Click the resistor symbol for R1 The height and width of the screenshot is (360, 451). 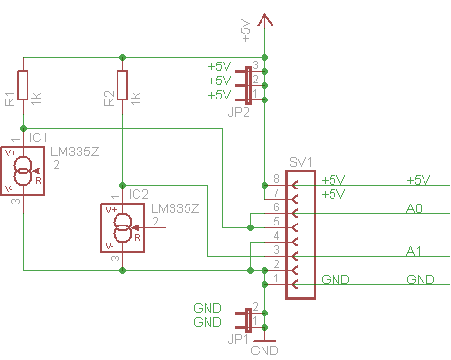tap(23, 85)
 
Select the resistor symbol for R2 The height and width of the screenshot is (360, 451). tap(122, 85)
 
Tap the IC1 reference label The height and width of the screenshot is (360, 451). tap(39, 137)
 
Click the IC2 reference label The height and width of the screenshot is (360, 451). tap(138, 194)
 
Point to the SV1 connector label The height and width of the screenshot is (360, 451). tap(300, 162)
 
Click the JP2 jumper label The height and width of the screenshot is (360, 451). tap(239, 112)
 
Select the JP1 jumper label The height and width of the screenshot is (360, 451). tap(238, 339)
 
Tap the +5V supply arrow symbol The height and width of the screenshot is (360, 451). tap(264, 20)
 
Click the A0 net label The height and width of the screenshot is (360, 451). tap(414, 208)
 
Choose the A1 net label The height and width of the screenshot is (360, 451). tap(414, 251)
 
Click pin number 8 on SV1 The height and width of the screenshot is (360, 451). tap(276, 179)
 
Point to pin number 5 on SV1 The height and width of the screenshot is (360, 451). tap(276, 222)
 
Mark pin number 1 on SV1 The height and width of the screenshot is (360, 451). tap(276, 279)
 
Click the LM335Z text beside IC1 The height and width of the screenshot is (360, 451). tap(75, 153)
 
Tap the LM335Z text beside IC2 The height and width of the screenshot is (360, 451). tap(175, 208)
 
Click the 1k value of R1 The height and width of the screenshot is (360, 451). tap(37, 99)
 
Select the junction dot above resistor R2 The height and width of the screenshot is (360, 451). tap(123, 57)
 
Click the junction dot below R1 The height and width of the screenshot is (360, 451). tap(23, 128)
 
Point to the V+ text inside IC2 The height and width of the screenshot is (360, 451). tap(111, 209)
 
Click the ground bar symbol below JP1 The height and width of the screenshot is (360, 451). tap(264, 341)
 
